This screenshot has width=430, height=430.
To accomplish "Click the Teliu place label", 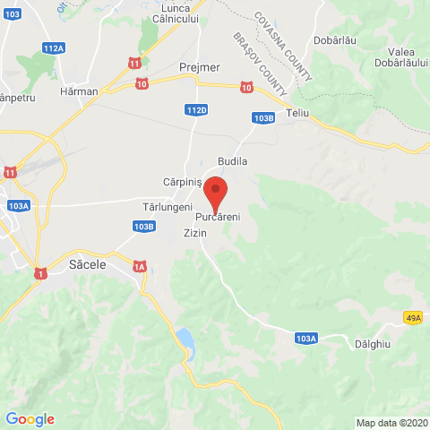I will [298, 115].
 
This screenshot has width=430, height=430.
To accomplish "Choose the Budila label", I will [231, 160].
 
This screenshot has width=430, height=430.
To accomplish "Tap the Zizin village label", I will [194, 233].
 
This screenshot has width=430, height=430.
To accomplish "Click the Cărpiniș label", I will [181, 181].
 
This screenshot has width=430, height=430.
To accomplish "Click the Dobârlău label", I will [336, 40].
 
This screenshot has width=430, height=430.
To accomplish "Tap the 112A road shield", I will [53, 47].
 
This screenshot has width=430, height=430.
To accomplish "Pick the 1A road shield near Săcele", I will [139, 266].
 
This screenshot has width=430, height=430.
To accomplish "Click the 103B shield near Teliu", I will [263, 117].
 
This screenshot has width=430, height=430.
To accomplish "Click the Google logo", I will [30, 418].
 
